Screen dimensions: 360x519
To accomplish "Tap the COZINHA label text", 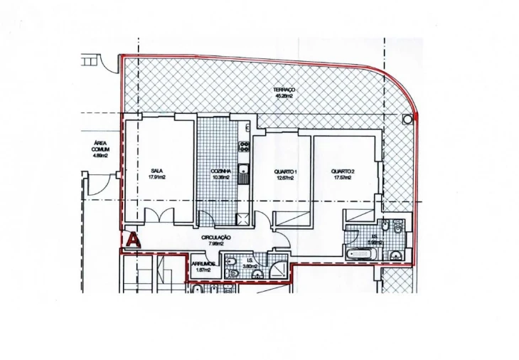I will pyautogui.click(x=220, y=171).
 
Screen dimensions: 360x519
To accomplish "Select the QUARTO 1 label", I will pyautogui.click(x=285, y=171).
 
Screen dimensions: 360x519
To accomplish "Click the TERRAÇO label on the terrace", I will pyautogui.click(x=284, y=90).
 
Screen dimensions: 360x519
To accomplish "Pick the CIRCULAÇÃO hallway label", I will pyautogui.click(x=216, y=237).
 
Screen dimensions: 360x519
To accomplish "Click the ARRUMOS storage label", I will pyautogui.click(x=203, y=263).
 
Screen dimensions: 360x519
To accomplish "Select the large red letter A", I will pyautogui.click(x=132, y=240).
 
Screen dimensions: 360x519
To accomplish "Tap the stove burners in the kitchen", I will pyautogui.click(x=244, y=147).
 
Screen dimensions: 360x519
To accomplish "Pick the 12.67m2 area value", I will pyautogui.click(x=285, y=178).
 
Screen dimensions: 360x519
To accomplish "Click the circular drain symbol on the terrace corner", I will pyautogui.click(x=407, y=119).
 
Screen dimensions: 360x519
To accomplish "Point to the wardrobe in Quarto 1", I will pyautogui.click(x=292, y=218).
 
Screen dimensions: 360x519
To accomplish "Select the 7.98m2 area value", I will pyautogui.click(x=216, y=243).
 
